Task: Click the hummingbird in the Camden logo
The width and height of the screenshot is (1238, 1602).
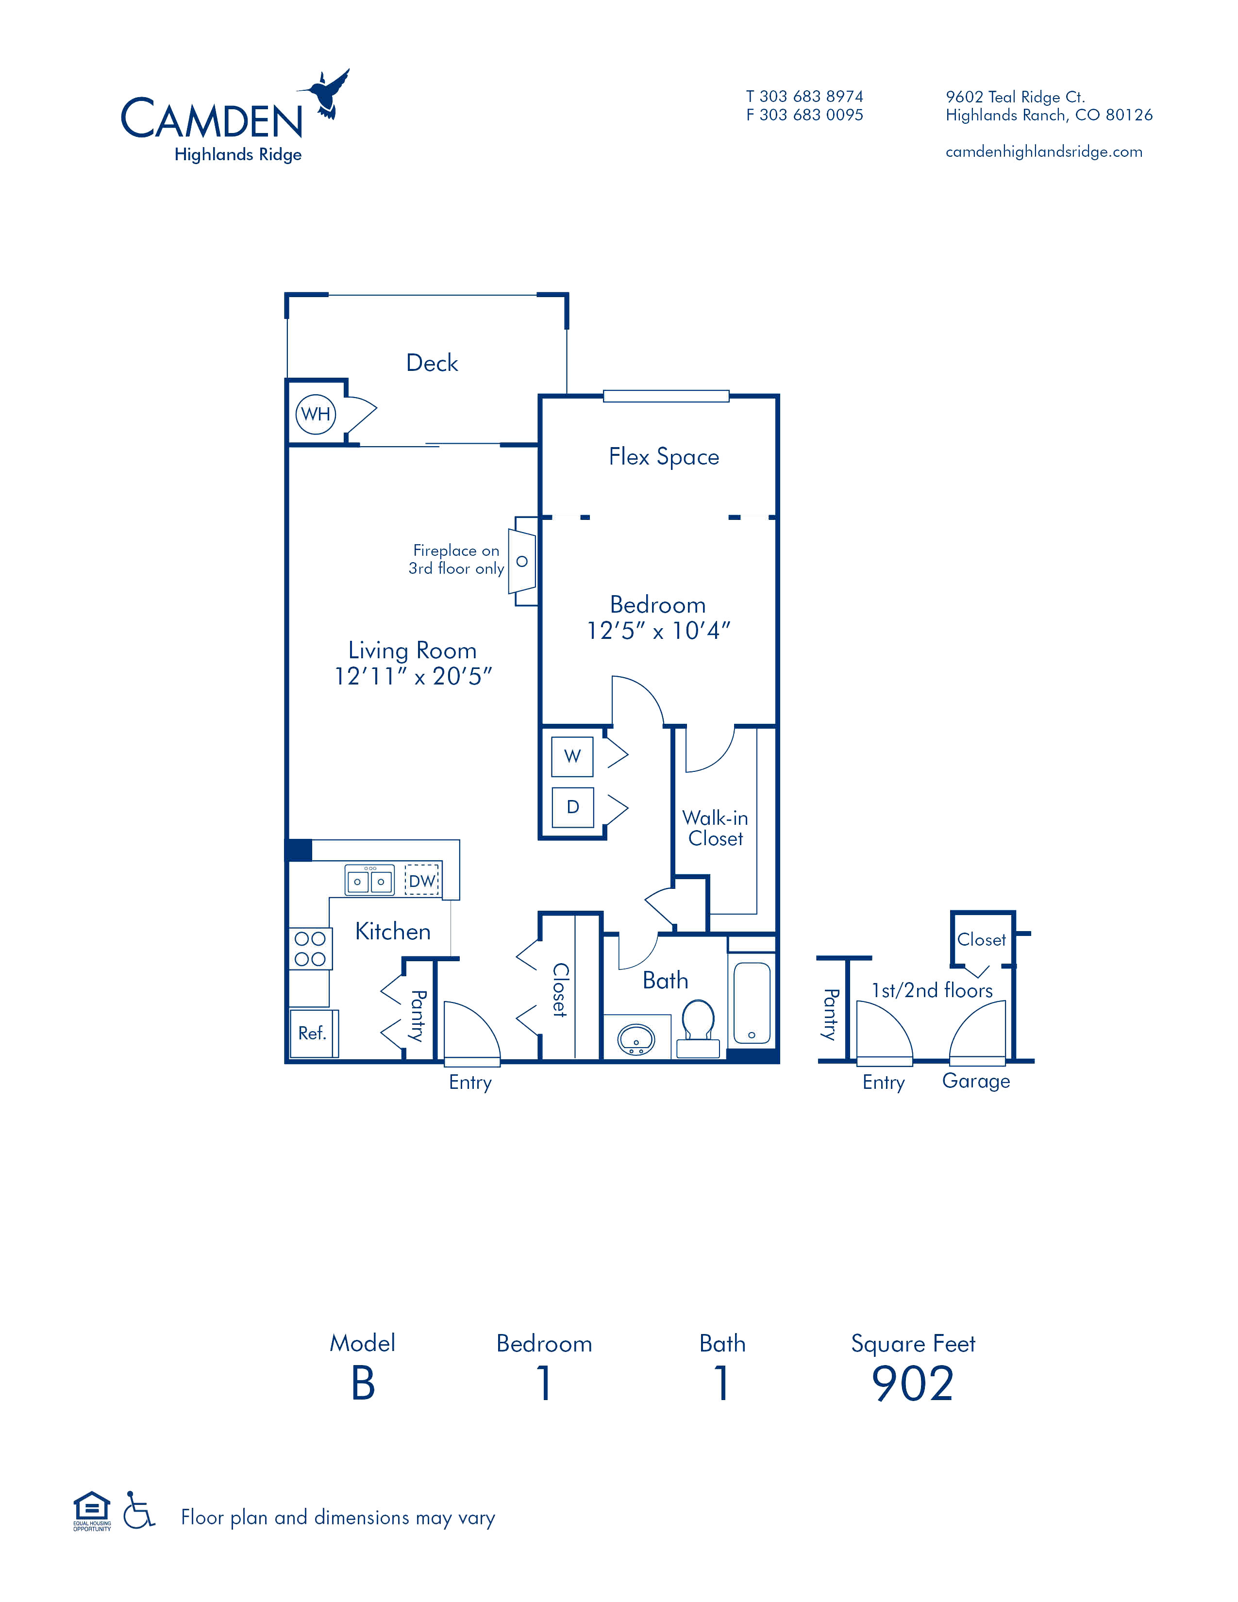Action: (327, 94)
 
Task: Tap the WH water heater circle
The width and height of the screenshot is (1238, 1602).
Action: (316, 414)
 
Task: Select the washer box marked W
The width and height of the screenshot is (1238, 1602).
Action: (572, 756)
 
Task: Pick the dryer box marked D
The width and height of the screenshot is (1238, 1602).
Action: (572, 807)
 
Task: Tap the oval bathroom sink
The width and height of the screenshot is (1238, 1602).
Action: (636, 1039)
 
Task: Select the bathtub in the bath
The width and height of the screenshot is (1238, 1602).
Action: (752, 1003)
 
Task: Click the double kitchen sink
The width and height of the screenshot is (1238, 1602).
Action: (369, 880)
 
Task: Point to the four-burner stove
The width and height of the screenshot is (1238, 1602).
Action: (310, 949)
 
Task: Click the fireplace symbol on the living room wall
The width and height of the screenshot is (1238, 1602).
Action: (523, 561)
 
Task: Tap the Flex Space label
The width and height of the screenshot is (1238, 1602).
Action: (664, 457)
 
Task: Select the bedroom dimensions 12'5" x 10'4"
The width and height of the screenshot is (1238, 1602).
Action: (659, 631)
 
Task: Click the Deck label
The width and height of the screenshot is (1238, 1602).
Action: (432, 363)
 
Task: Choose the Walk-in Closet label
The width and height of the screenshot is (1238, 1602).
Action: (715, 828)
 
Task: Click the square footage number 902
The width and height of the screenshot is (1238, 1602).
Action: (912, 1384)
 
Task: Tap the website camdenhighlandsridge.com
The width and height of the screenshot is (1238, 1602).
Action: (1044, 152)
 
